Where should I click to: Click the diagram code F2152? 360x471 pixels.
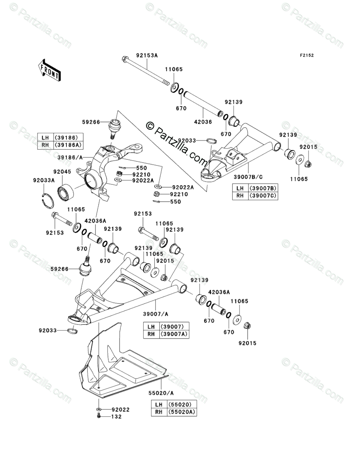pyautogui.click(x=306, y=55)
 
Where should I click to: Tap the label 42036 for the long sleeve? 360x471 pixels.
pyautogui.click(x=203, y=122)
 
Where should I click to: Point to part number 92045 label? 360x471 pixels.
pyautogui.click(x=62, y=172)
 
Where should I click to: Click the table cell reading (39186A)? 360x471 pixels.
pyautogui.click(x=68, y=145)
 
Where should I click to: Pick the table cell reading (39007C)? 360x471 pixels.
pyautogui.click(x=262, y=196)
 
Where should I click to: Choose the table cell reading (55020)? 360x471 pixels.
pyautogui.click(x=182, y=404)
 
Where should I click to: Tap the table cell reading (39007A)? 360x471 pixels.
pyautogui.click(x=174, y=334)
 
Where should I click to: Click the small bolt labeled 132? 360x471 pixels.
pyautogui.click(x=99, y=416)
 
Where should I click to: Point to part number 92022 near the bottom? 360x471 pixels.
pyautogui.click(x=120, y=409)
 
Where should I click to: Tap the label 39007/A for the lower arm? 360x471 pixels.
pyautogui.click(x=155, y=314)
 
